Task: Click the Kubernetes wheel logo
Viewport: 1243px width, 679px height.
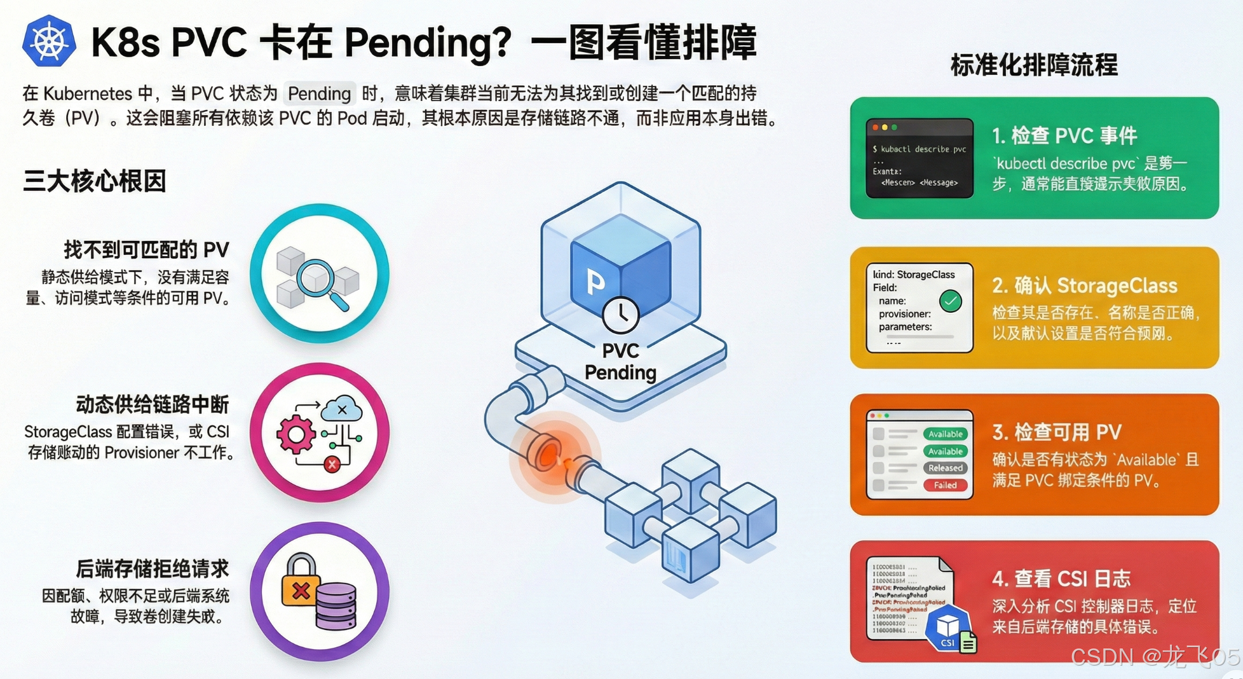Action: (x=49, y=41)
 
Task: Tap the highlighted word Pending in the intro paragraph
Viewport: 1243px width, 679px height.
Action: (x=319, y=94)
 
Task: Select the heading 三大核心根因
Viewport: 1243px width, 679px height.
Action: (x=95, y=181)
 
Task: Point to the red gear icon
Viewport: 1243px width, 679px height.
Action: (x=295, y=435)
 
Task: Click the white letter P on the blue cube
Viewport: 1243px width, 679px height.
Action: (x=595, y=282)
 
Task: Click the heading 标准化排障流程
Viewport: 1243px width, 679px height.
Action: (x=1034, y=65)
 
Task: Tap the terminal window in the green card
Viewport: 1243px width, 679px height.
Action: (x=919, y=158)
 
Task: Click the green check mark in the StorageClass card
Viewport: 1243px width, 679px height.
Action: (x=951, y=301)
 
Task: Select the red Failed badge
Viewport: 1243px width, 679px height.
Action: (x=945, y=485)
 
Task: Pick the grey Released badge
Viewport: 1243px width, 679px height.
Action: (x=945, y=468)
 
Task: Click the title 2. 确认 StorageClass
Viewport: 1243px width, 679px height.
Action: (x=1084, y=286)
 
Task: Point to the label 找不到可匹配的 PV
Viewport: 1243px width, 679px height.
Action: (x=146, y=250)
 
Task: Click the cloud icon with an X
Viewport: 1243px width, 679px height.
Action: (x=342, y=410)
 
